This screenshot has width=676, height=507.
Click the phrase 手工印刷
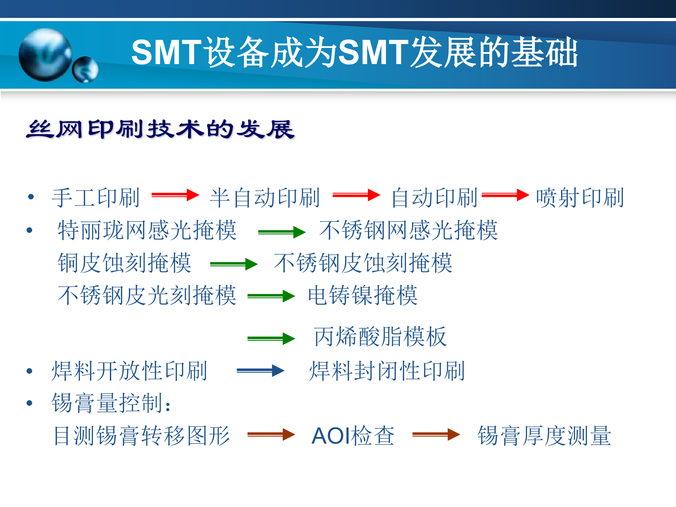96,198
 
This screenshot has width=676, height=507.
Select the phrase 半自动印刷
264,198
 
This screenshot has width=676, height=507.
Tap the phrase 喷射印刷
580,198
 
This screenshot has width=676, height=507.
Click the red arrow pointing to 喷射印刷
505,195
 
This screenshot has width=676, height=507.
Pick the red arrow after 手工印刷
175,195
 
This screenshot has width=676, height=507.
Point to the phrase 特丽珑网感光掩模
147,230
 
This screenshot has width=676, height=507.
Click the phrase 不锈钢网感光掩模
408,230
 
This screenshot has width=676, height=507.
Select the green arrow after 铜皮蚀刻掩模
233,264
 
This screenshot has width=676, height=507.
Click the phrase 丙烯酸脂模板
380,337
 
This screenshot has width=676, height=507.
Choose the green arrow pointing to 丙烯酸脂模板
271,339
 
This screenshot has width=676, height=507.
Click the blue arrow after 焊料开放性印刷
260,370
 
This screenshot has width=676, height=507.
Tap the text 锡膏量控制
111,403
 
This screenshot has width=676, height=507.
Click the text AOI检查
353,436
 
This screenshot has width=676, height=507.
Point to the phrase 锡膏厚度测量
544,436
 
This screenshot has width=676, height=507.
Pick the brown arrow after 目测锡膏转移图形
271,434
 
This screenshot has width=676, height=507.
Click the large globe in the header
45,55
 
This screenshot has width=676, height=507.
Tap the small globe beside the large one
85,70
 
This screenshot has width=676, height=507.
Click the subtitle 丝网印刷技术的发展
160,129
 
